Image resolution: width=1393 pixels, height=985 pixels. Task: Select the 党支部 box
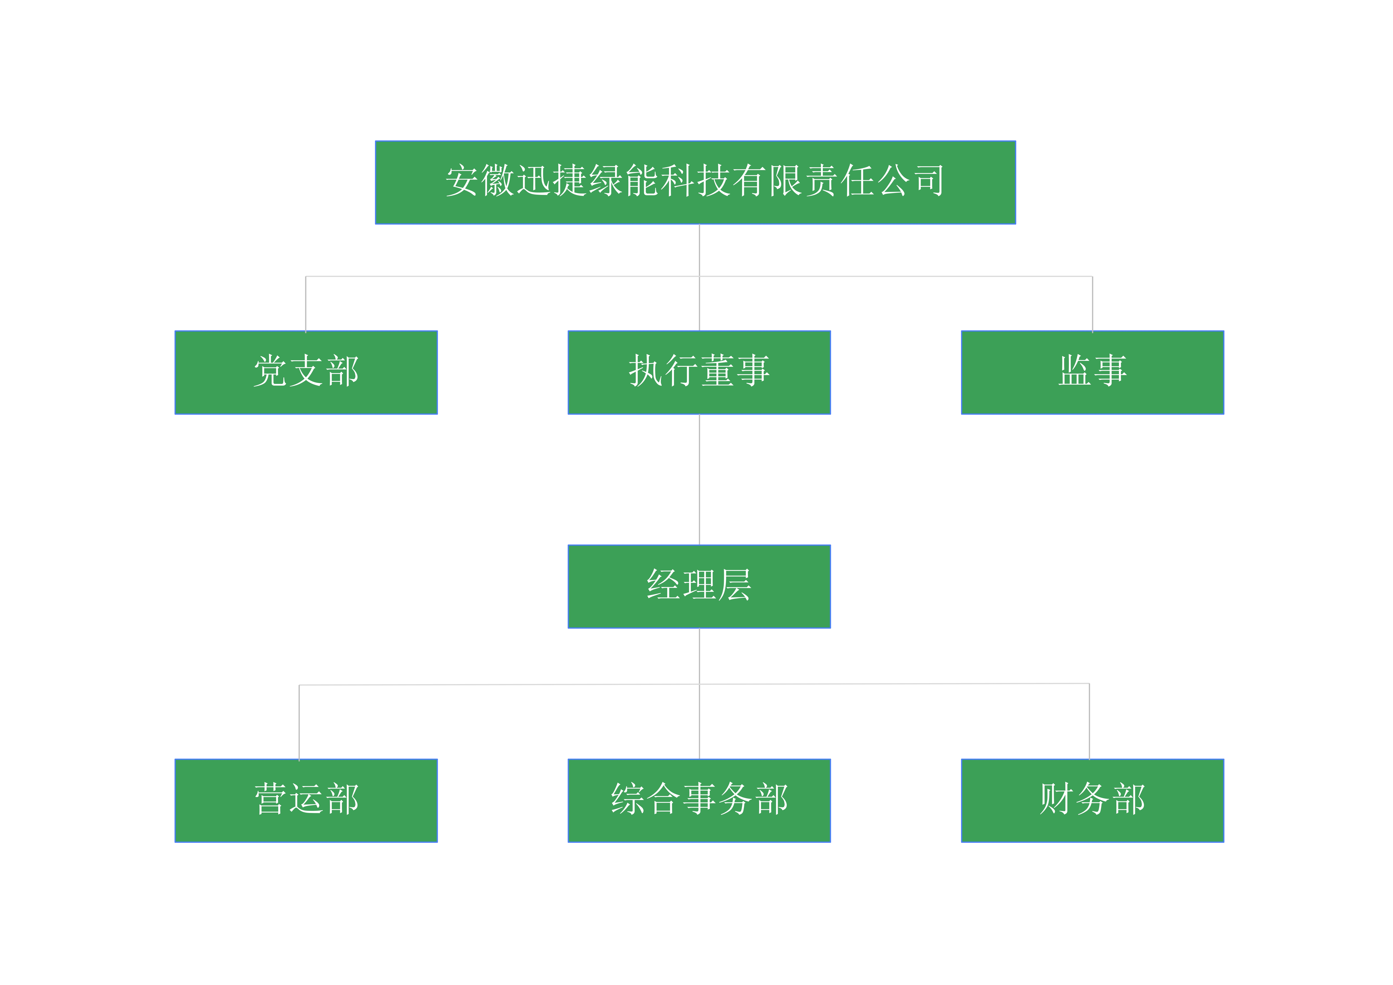click(306, 373)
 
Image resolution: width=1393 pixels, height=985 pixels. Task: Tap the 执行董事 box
click(699, 373)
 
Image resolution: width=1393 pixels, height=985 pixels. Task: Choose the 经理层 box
click(699, 586)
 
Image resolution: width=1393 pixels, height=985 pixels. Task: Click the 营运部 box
click(306, 800)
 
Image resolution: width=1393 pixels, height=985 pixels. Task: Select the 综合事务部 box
click(699, 800)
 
